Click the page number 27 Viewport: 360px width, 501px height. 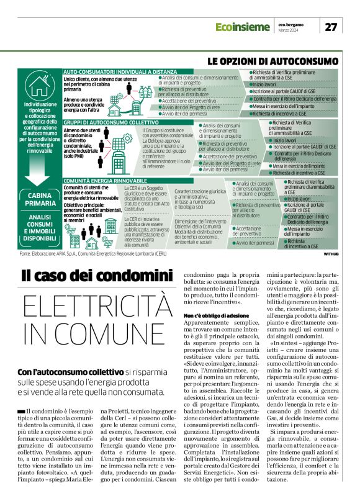click(331, 26)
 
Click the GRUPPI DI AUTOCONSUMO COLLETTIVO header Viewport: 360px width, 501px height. click(102, 124)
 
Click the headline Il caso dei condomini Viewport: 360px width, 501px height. click(96, 274)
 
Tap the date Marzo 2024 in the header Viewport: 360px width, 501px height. click(289, 31)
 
